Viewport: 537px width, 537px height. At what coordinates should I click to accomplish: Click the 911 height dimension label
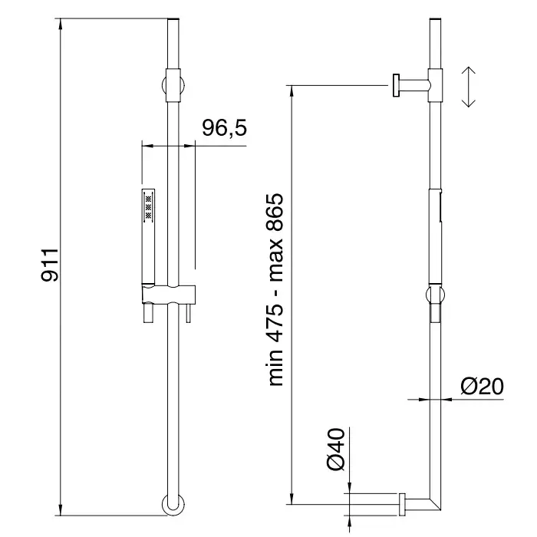[x=50, y=265]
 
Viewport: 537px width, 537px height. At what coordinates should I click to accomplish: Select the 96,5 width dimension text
[x=224, y=128]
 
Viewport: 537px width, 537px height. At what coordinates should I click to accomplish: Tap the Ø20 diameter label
[x=482, y=387]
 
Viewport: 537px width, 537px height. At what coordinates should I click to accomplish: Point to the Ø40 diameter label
[x=336, y=449]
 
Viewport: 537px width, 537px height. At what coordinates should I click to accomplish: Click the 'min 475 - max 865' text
[x=275, y=290]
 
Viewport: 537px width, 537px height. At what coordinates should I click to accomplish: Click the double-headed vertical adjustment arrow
[x=468, y=87]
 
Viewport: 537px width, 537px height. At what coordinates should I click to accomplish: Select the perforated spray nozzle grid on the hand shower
[x=148, y=206]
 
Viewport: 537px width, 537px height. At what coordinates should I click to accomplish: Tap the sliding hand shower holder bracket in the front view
[x=169, y=294]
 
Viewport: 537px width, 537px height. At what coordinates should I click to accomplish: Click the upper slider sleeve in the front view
[x=173, y=85]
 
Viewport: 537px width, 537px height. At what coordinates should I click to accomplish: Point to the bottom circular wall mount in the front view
[x=173, y=505]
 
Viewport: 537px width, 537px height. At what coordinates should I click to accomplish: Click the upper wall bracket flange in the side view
[x=397, y=85]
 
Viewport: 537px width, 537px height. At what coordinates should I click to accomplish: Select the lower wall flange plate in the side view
[x=402, y=505]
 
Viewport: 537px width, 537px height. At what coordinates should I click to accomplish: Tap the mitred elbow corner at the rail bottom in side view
[x=435, y=504]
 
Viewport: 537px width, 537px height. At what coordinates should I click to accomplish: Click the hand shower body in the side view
[x=435, y=236]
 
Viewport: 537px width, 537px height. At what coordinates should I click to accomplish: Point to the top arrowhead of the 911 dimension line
[x=61, y=23]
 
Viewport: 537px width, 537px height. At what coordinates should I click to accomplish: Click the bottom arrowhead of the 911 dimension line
[x=61, y=510]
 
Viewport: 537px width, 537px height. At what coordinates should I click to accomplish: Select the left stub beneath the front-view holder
[x=148, y=312]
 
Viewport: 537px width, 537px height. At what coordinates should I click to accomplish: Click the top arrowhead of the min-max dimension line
[x=292, y=91]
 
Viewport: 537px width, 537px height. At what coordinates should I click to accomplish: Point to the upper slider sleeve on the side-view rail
[x=435, y=85]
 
